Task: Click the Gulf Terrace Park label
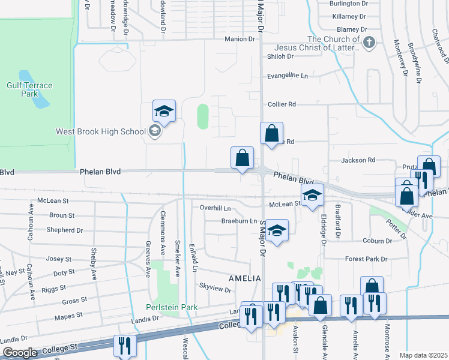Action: pyautogui.click(x=29, y=89)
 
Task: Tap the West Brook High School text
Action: pyautogui.click(x=101, y=131)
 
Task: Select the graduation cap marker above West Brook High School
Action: pyautogui.click(x=164, y=112)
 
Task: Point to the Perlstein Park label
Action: pyautogui.click(x=172, y=307)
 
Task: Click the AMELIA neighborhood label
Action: pyautogui.click(x=245, y=278)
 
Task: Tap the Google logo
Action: pyautogui.click(x=20, y=353)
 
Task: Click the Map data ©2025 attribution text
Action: pyautogui.click(x=423, y=355)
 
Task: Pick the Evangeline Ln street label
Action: pyautogui.click(x=287, y=76)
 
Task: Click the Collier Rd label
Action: pyautogui.click(x=282, y=104)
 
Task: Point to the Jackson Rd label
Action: pyautogui.click(x=358, y=160)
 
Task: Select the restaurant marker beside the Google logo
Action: pyautogui.click(x=125, y=346)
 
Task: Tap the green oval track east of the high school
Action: pyautogui.click(x=203, y=116)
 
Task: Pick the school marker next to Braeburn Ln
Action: pyautogui.click(x=277, y=231)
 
